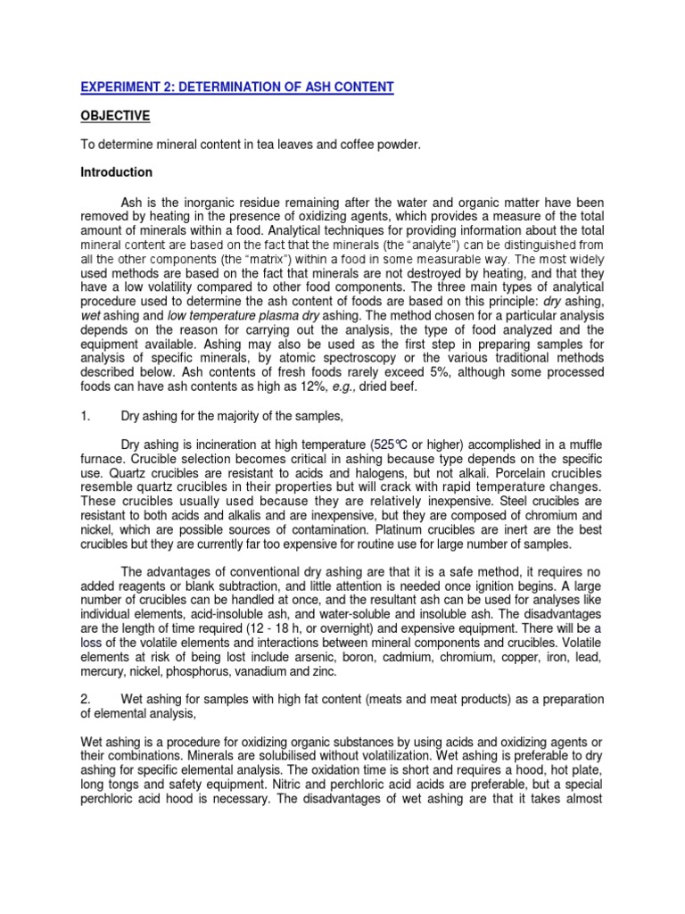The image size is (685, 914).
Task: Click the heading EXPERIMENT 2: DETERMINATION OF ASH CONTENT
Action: point(236,87)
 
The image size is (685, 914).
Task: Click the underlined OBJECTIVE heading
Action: point(115,116)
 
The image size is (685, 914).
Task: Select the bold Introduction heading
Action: point(117,172)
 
